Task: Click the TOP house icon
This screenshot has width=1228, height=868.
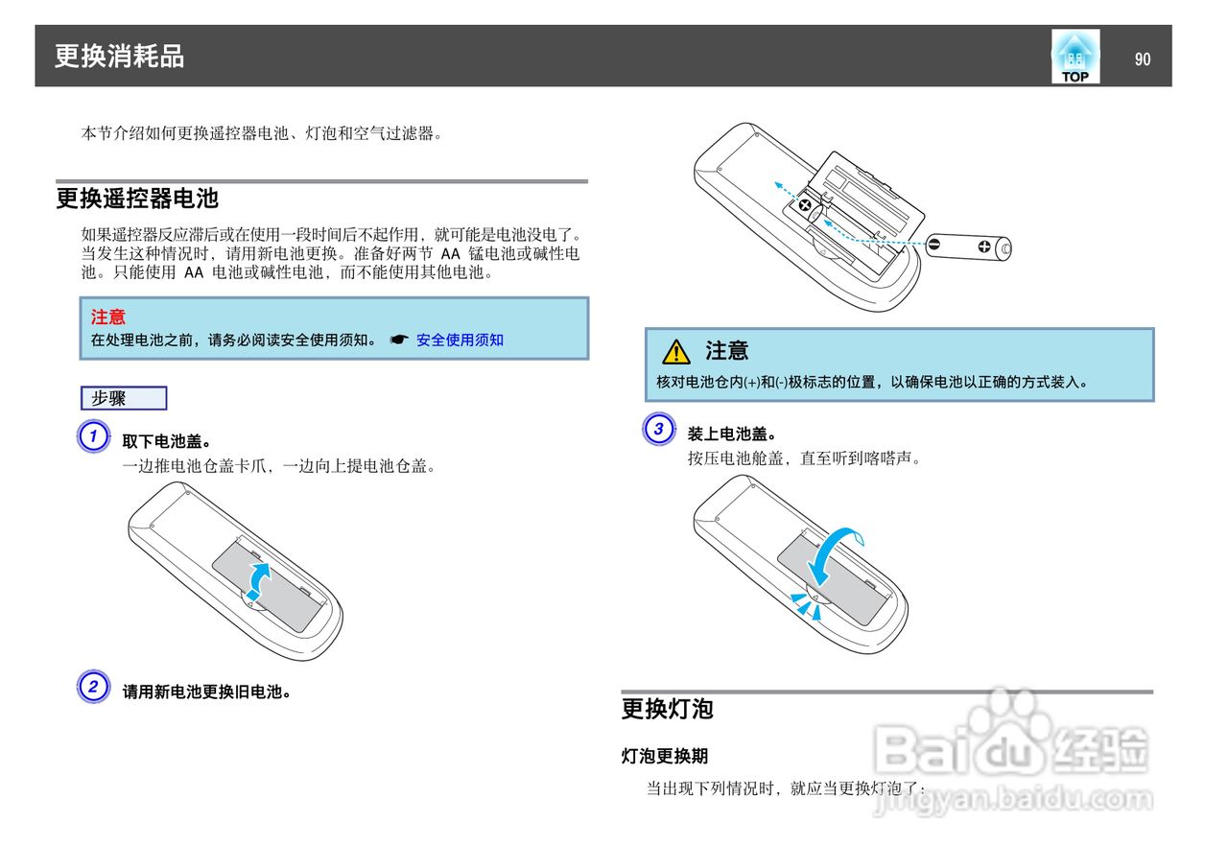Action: coord(1074,58)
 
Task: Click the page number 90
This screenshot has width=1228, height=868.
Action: coord(1142,59)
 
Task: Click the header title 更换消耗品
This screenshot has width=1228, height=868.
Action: coord(119,57)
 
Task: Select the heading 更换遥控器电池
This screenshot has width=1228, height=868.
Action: coord(137,199)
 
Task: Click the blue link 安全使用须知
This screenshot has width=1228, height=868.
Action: coord(460,340)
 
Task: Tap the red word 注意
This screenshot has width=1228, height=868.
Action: coord(107,317)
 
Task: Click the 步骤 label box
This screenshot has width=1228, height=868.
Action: coord(124,398)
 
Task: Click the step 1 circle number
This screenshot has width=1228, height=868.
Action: coord(93,436)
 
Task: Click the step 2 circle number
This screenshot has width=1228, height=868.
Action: coord(93,687)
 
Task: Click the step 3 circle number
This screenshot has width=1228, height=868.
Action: coord(657,429)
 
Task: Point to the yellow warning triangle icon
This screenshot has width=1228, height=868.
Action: coord(676,352)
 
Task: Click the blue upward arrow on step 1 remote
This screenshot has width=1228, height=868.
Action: coord(259,579)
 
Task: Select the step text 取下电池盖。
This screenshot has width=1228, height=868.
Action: coord(167,441)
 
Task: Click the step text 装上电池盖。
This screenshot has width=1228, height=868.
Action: coord(732,434)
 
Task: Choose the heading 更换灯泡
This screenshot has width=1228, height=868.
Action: coord(668,709)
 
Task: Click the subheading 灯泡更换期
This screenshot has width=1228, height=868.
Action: coord(665,756)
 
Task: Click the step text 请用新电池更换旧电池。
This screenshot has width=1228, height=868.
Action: coord(207,691)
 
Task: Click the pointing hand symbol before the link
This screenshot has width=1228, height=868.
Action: coord(399,340)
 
